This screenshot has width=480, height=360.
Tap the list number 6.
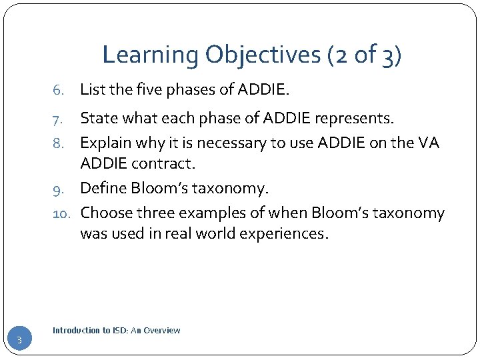(59, 90)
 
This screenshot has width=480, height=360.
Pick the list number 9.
(59, 189)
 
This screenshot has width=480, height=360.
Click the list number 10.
(62, 213)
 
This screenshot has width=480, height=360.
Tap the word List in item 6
(91, 89)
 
